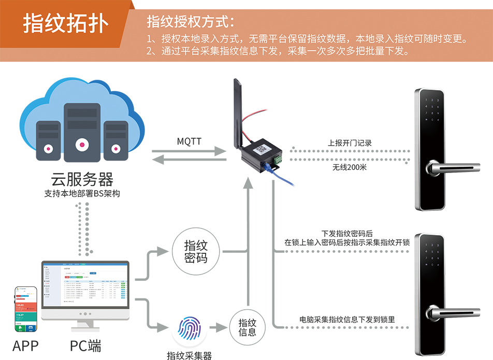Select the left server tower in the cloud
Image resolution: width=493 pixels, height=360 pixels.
point(48,138)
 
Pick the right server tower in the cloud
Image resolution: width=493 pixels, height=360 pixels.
point(115,138)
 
